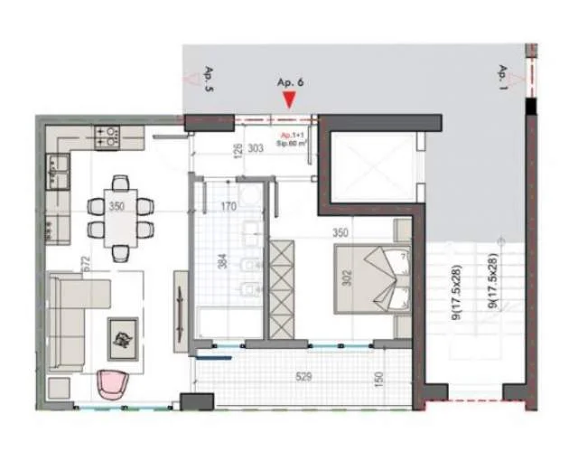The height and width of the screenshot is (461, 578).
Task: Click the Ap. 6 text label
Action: point(289,81)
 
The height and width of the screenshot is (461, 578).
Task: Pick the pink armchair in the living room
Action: point(114,384)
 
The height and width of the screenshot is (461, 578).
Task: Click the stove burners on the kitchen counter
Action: point(107,137)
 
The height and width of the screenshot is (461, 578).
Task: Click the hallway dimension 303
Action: point(255,147)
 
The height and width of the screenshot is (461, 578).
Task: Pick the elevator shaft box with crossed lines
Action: point(372,168)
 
